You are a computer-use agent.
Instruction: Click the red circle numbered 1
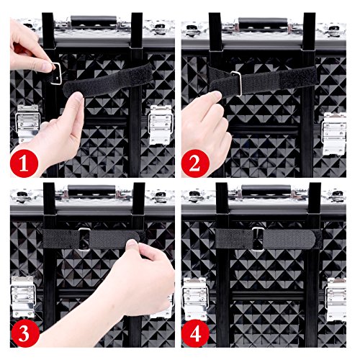(24, 163)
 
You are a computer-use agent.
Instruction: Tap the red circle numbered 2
(195, 163)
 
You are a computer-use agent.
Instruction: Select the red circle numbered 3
(24, 333)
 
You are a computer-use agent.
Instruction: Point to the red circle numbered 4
(195, 333)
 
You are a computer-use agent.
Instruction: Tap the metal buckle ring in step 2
(238, 84)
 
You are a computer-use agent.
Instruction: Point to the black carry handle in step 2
(263, 22)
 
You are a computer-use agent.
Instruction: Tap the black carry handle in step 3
(91, 189)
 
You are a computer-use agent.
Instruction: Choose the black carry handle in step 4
(266, 189)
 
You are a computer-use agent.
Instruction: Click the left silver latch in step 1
(27, 124)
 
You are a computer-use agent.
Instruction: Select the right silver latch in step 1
(161, 125)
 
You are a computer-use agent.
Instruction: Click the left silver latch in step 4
(195, 299)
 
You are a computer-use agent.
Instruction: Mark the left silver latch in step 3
(23, 297)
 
